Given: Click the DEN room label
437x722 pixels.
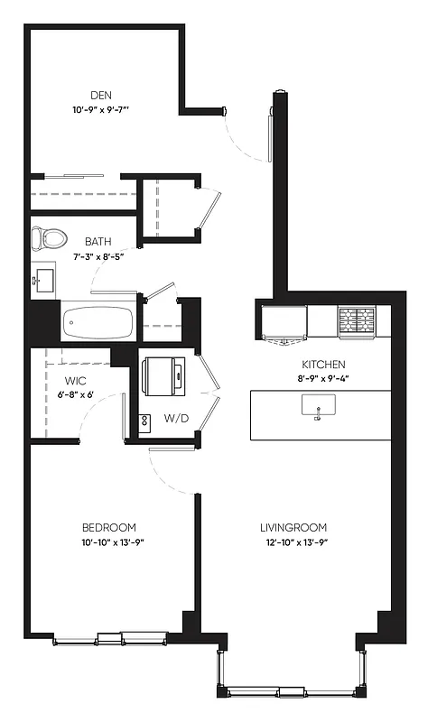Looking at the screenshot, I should coord(100,95).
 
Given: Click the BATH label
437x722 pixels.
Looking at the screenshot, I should coord(98,241).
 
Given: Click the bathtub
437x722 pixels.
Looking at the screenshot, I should coord(99,320).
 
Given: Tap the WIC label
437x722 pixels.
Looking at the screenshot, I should coord(75,381).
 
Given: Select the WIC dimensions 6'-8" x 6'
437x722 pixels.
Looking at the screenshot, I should coord(74,395).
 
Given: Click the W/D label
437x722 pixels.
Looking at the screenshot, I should coord(175,417).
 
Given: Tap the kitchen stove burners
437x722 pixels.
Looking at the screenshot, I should coord(356,319).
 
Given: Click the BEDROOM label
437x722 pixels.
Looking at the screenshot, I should coord(108,528).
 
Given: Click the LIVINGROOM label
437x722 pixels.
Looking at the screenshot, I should coord(293,528).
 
